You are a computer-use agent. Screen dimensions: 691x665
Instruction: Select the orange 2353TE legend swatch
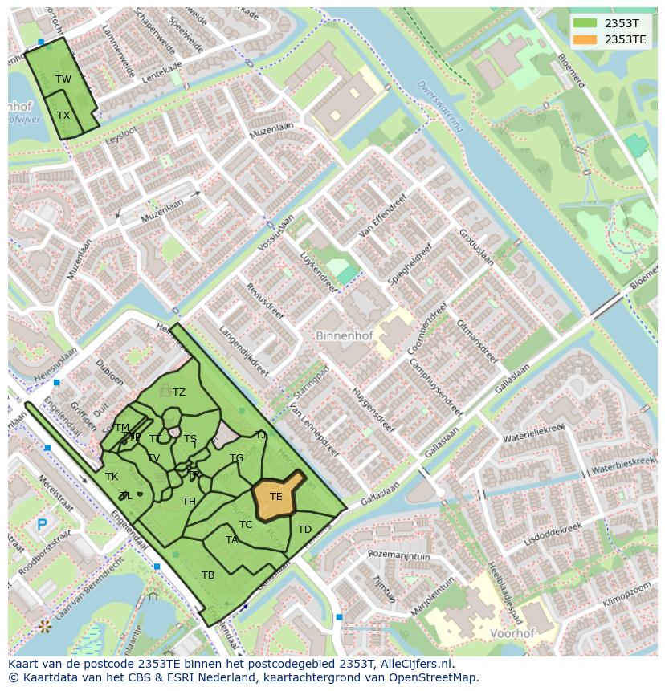[585, 39]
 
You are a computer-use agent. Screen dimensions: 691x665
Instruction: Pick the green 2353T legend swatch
[585, 22]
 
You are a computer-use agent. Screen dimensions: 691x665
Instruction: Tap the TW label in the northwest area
[63, 79]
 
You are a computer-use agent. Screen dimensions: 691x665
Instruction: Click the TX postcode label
[63, 115]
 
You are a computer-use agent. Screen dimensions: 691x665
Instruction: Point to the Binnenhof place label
[344, 335]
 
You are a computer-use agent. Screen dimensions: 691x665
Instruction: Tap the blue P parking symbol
[42, 526]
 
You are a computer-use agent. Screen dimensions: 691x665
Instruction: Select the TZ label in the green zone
[178, 392]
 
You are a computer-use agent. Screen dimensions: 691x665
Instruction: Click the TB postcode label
[208, 575]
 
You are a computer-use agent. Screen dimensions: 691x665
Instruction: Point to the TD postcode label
[304, 530]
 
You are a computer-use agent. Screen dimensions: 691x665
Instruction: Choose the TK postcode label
[112, 477]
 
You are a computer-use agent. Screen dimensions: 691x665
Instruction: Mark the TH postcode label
[189, 502]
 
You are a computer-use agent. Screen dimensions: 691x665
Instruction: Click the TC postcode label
[246, 525]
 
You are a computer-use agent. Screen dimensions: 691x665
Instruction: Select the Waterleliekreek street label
[534, 433]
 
